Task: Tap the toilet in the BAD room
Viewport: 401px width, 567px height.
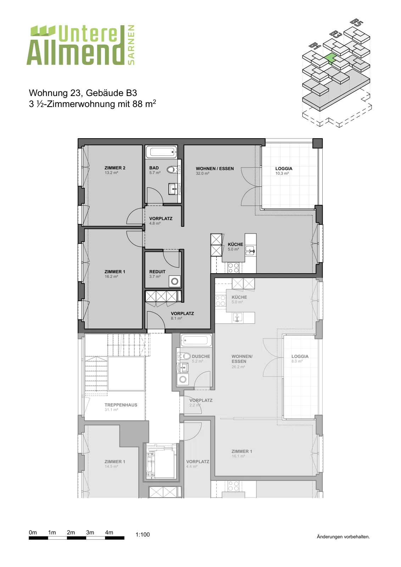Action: (172, 169)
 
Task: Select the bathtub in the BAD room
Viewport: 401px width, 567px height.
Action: (161, 152)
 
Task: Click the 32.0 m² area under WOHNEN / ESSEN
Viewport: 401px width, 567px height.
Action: (202, 173)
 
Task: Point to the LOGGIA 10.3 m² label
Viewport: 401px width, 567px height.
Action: (284, 171)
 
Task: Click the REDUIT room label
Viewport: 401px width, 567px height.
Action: (157, 271)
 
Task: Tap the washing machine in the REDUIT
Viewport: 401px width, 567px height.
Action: (175, 281)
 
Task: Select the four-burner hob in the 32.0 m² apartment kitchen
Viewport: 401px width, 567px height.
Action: (233, 268)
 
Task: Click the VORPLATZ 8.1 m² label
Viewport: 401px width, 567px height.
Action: (182, 316)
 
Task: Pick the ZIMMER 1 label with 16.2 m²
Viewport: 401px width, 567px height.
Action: (115, 274)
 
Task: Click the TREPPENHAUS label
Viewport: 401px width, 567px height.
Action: (121, 405)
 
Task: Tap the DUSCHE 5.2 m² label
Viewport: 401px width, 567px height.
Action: (201, 359)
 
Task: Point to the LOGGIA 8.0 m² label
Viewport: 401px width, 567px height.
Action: (300, 359)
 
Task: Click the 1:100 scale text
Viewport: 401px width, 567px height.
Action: (143, 534)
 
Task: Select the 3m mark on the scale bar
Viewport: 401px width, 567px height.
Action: (90, 532)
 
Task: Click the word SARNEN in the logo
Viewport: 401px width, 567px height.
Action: (131, 45)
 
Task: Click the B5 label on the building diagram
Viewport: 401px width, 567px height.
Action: (357, 23)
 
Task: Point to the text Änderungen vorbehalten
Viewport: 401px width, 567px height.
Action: (343, 537)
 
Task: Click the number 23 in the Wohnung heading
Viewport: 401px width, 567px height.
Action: (76, 93)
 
